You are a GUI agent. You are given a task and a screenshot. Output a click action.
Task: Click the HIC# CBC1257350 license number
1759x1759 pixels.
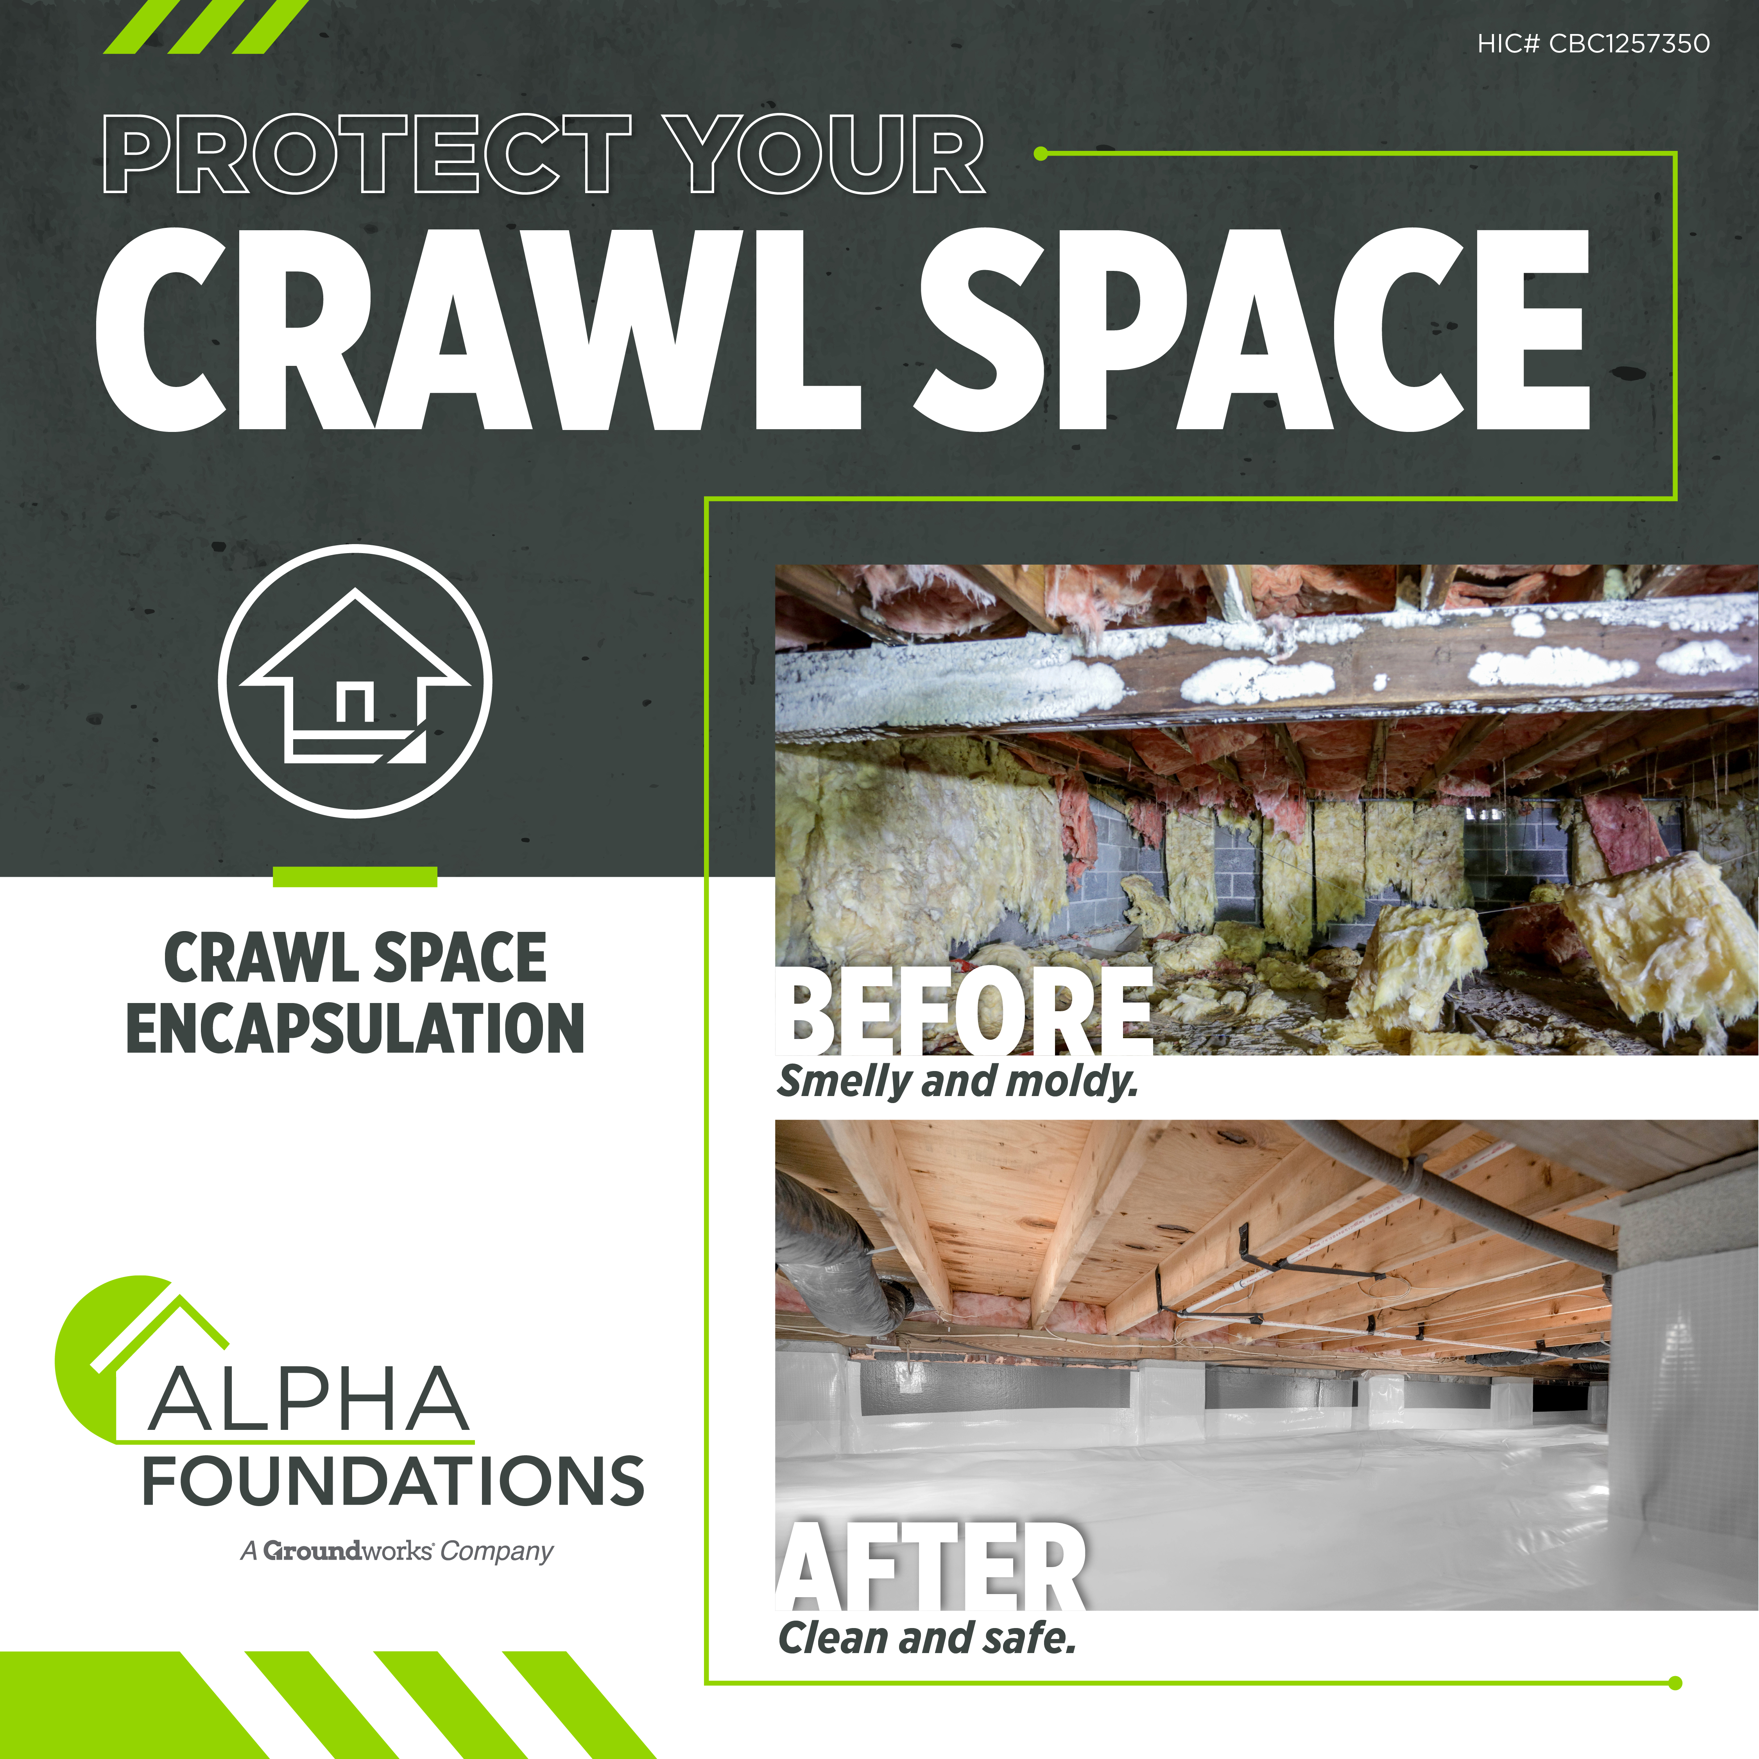[x=1593, y=44]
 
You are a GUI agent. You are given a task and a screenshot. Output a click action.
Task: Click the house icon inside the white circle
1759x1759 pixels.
[x=355, y=675]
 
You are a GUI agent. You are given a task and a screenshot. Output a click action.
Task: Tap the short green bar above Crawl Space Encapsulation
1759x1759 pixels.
[x=355, y=877]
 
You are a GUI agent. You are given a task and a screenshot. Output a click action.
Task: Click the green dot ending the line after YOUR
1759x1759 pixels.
[x=1042, y=154]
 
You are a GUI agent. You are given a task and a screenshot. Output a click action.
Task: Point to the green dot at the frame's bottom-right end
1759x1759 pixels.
[x=1675, y=1684]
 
